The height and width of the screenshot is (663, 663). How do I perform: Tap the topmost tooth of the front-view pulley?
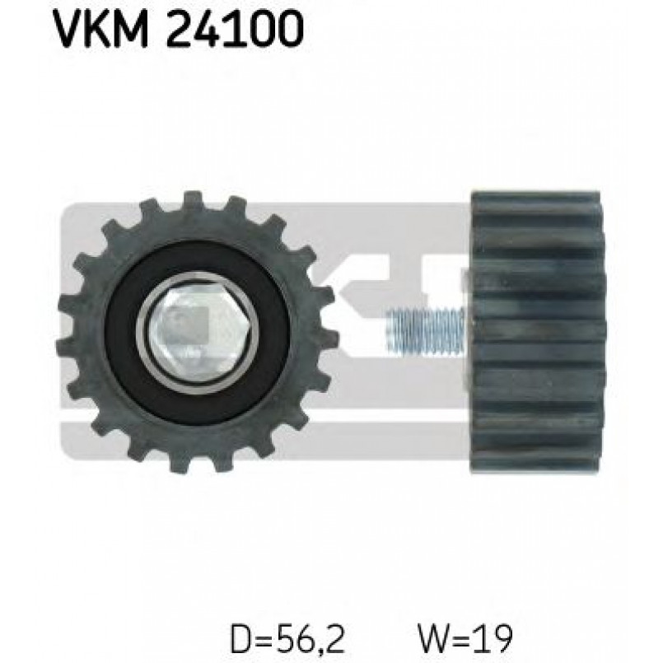[x=193, y=201]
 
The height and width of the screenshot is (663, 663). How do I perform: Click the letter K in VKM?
[x=96, y=31]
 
